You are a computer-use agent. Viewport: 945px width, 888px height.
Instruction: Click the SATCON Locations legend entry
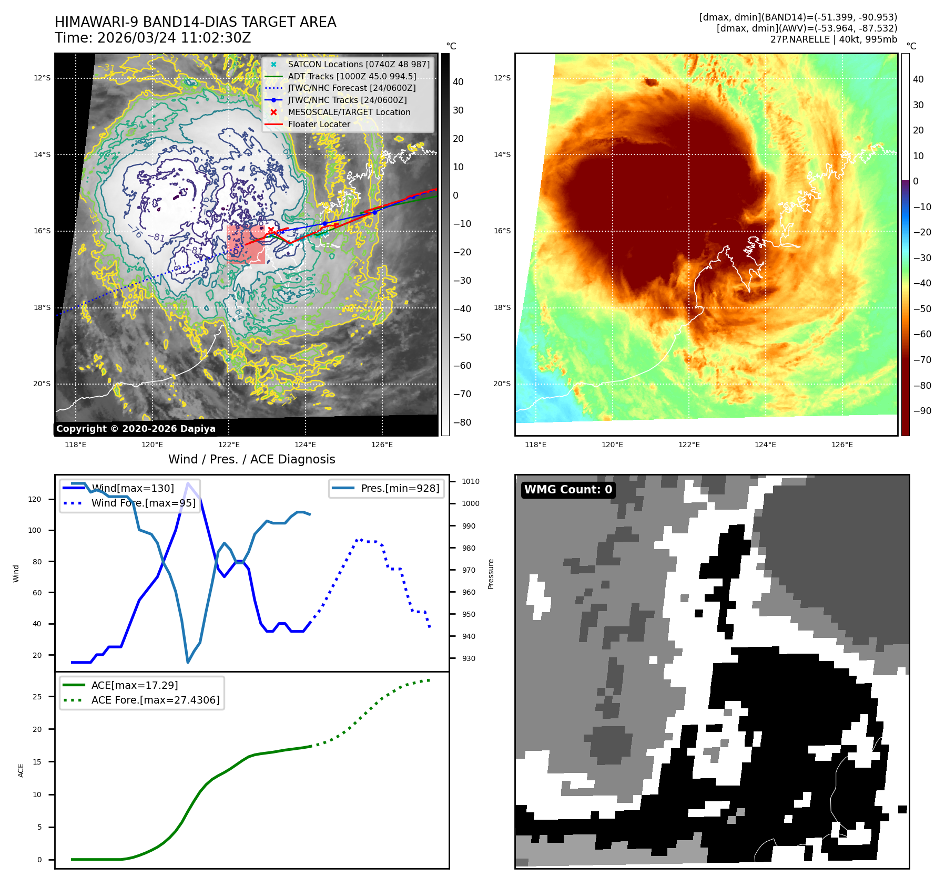click(x=358, y=64)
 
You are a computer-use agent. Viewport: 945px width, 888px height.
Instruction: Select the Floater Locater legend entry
click(x=319, y=124)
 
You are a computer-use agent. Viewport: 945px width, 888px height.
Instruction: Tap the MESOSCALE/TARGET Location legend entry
click(x=349, y=112)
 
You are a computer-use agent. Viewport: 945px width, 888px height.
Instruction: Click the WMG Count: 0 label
click(x=568, y=490)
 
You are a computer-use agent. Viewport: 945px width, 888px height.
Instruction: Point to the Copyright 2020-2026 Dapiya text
click(x=136, y=429)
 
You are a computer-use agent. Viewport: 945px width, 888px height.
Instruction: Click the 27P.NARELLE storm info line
click(x=834, y=39)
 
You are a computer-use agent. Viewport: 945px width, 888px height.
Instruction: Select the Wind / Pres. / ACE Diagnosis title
click(x=251, y=459)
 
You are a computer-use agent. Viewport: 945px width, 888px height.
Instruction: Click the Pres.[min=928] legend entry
click(x=400, y=488)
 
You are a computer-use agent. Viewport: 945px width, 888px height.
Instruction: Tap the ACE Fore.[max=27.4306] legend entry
click(x=155, y=700)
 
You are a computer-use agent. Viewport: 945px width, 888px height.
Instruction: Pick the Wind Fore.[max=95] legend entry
click(x=143, y=503)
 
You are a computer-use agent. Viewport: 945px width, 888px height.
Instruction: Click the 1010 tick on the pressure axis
click(x=470, y=481)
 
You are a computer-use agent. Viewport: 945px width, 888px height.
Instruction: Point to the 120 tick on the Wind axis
click(x=35, y=499)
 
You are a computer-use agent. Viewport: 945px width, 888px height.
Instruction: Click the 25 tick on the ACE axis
click(x=37, y=697)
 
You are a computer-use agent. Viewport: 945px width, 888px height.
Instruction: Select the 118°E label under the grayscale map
click(x=75, y=445)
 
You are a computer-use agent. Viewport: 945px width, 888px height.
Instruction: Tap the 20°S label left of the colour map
click(x=502, y=384)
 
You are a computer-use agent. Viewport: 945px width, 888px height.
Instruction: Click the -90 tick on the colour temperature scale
click(x=922, y=411)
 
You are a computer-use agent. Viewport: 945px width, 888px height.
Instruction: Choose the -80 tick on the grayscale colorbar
click(x=462, y=422)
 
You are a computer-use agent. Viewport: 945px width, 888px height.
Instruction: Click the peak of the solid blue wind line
click(x=188, y=483)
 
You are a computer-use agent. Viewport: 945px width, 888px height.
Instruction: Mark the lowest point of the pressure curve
click(x=188, y=662)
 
